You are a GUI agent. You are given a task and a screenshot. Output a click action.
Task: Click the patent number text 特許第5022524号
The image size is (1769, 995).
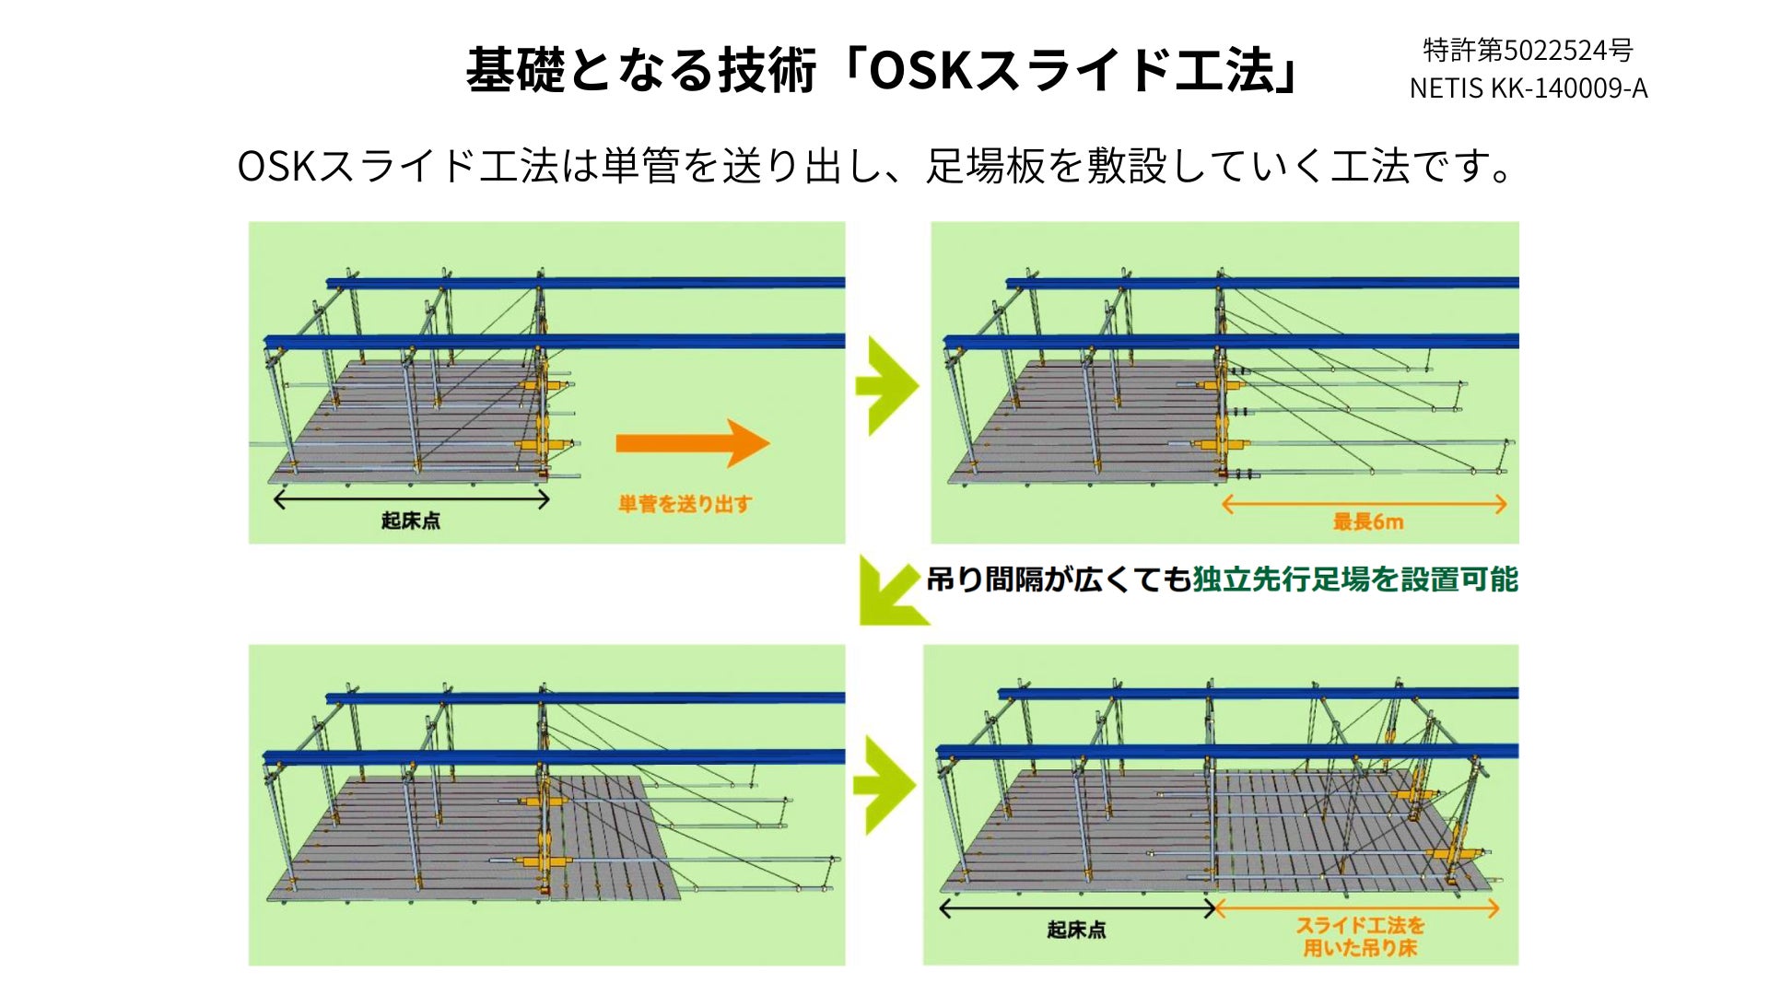1528,50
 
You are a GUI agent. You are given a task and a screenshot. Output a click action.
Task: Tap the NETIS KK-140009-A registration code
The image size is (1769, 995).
1528,88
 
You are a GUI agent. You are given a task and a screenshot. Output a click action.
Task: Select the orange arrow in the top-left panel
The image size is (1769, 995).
692,443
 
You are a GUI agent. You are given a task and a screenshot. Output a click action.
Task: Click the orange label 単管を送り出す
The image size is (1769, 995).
685,504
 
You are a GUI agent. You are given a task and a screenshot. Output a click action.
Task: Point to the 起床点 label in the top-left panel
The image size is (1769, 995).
411,521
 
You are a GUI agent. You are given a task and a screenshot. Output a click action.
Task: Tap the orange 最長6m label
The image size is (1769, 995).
1368,522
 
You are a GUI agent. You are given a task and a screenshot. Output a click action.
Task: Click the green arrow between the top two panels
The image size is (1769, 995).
887,385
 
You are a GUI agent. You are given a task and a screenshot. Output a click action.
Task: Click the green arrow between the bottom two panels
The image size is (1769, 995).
885,785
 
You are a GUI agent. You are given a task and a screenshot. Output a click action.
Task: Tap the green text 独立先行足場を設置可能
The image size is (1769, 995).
1355,579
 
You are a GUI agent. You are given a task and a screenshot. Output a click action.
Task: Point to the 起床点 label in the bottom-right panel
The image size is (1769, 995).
1076,930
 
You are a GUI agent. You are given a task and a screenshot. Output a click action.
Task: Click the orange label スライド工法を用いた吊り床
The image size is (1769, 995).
1360,936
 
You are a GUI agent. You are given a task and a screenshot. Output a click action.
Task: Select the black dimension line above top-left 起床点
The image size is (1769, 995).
412,500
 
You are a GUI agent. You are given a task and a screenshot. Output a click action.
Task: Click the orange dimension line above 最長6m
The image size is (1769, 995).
1365,504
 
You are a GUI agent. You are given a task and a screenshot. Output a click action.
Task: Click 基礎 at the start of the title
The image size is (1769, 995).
515,71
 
